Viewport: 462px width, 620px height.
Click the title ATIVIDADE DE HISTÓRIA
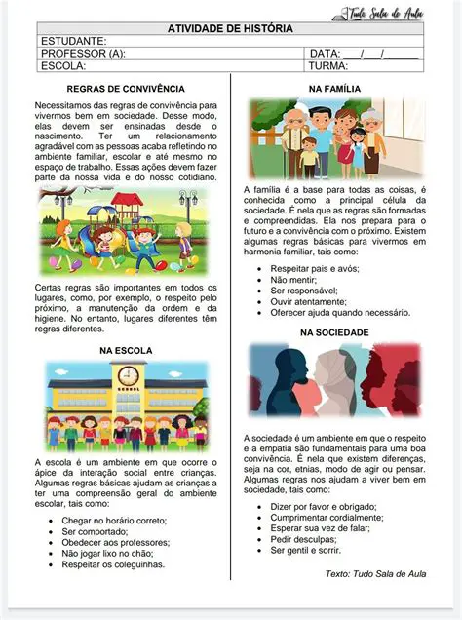point(230,28)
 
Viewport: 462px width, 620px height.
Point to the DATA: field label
point(325,54)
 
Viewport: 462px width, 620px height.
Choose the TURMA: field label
point(328,66)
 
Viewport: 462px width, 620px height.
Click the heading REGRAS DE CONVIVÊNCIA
point(127,89)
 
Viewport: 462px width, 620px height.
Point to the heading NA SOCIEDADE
point(334,332)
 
